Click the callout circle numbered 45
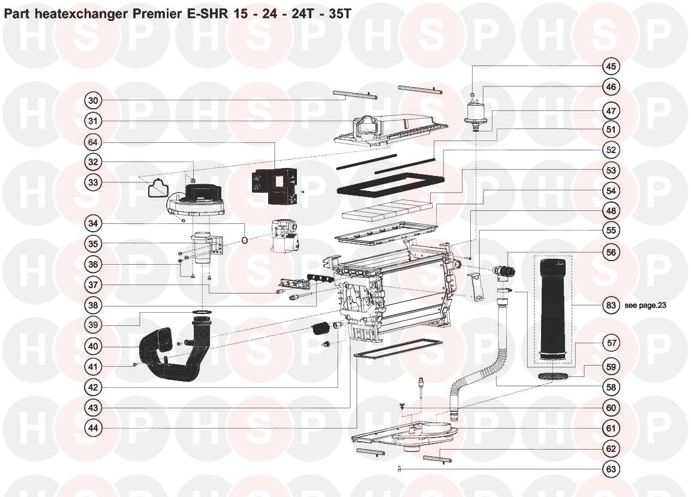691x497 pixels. click(x=611, y=66)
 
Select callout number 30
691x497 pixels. click(x=93, y=101)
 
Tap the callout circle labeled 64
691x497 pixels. click(x=93, y=142)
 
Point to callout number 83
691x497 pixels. click(x=611, y=305)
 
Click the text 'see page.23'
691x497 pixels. click(x=645, y=305)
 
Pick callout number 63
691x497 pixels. click(x=611, y=469)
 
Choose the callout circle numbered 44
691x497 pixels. click(x=93, y=428)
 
